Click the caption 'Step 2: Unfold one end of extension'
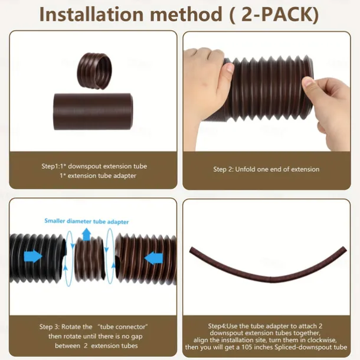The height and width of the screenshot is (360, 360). (266, 169)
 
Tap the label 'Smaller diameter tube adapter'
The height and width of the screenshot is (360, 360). (87, 221)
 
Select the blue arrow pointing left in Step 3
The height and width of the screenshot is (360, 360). (153, 257)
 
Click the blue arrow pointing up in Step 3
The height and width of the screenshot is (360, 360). (87, 234)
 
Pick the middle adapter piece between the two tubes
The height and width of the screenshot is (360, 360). (89, 260)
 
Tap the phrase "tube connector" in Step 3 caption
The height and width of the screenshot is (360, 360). (123, 326)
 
